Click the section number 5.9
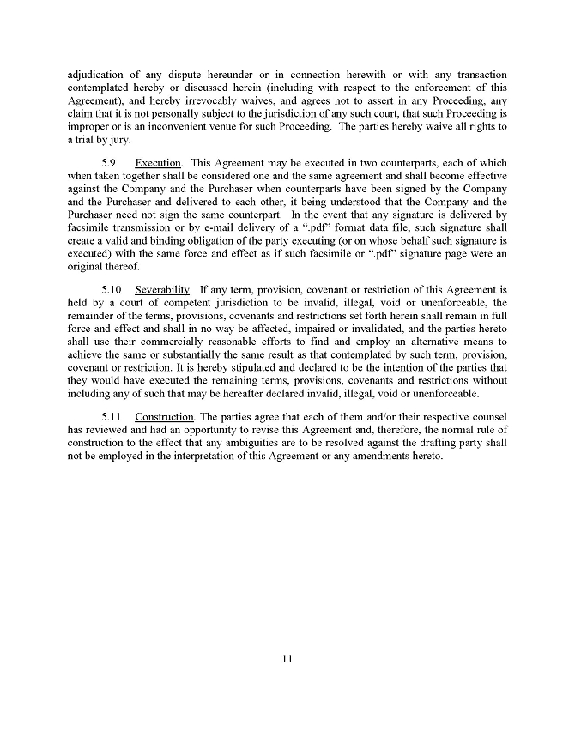[110, 163]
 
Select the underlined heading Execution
[157, 163]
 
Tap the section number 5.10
[113, 289]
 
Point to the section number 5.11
[113, 417]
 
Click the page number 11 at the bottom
[287, 659]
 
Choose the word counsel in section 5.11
[485, 417]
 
